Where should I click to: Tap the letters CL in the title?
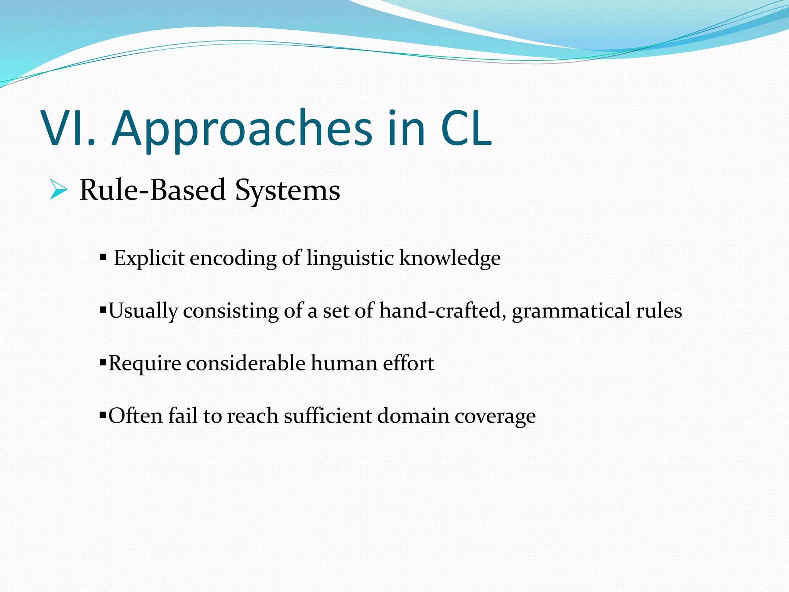466,128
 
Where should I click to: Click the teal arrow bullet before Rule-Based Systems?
59,190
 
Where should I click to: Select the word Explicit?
149,258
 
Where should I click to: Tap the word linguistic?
350,258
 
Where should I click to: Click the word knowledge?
450,258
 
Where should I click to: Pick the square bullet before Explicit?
103,257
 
